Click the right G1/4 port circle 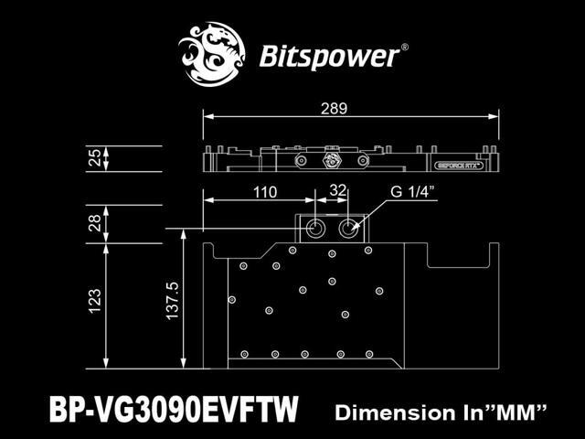[x=350, y=229]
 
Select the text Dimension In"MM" [x=441, y=412]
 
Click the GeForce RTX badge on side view [x=454, y=166]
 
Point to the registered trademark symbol [x=406, y=46]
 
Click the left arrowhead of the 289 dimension [x=207, y=117]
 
